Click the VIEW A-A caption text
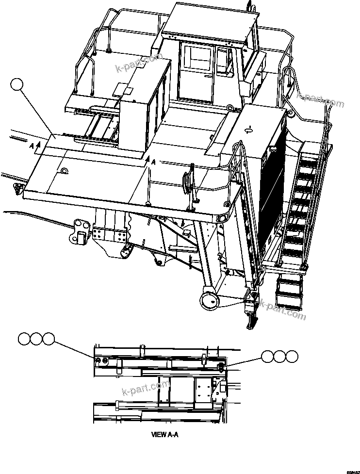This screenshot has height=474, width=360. click(x=165, y=435)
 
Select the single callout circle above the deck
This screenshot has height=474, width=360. click(x=17, y=85)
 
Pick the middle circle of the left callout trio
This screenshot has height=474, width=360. click(x=36, y=339)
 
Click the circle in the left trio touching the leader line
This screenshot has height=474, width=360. click(x=48, y=339)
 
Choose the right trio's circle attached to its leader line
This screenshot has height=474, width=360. click(x=268, y=357)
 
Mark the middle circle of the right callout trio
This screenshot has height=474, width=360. click(x=279, y=357)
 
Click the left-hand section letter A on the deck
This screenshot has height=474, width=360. click(x=32, y=146)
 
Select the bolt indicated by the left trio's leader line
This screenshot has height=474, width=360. click(x=98, y=360)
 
